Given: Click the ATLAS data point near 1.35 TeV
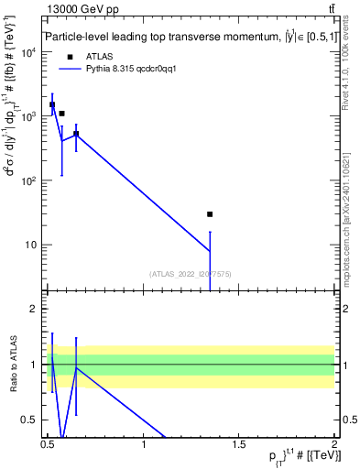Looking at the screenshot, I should [x=210, y=214].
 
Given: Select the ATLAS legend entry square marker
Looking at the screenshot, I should [x=70, y=56].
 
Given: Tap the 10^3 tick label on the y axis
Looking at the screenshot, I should [x=28, y=116].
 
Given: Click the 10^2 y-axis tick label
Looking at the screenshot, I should [x=28, y=180].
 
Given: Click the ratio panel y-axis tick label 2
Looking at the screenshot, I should [x=34, y=309].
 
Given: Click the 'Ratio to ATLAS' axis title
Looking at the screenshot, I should [x=12, y=365].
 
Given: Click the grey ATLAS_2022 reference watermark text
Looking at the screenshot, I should [x=191, y=273].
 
